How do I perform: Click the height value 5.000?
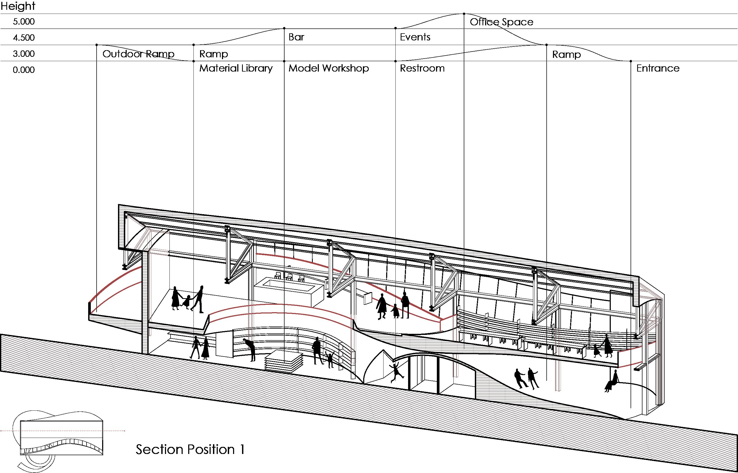click(24, 21)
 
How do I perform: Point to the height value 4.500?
click(24, 38)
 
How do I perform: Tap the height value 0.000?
click(24, 70)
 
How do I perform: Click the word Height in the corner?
click(18, 6)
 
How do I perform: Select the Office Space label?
click(501, 22)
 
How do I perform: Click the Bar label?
click(296, 37)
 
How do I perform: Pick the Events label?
click(415, 37)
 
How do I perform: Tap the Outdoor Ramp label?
click(138, 54)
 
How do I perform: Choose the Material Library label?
click(236, 68)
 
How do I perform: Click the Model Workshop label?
click(328, 68)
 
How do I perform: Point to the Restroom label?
click(422, 68)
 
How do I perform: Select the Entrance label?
click(657, 68)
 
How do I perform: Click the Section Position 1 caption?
click(190, 449)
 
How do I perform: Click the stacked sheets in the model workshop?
click(284, 361)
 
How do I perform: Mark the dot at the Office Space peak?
click(464, 14)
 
